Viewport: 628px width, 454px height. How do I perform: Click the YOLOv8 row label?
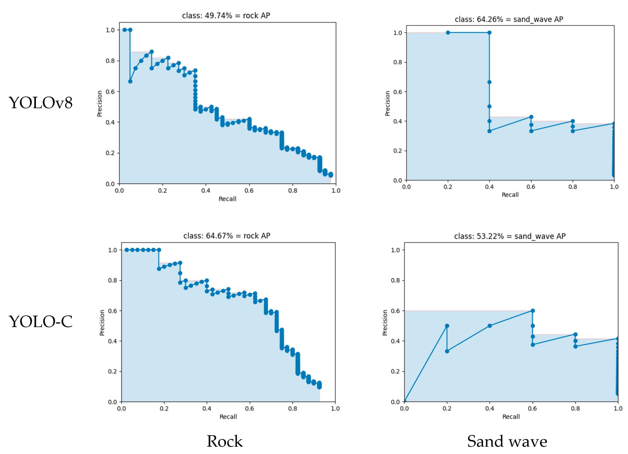[40, 103]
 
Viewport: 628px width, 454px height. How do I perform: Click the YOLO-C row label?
[40, 322]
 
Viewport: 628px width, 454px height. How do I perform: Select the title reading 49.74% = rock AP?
[226, 16]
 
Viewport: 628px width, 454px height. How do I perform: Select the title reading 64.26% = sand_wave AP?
[509, 19]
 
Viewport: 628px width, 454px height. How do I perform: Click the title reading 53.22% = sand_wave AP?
[510, 236]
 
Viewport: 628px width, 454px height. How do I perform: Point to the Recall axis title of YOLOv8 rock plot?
[227, 199]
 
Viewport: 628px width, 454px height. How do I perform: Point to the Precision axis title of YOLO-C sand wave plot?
[385, 322]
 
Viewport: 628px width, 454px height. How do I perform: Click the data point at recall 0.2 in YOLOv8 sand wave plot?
[448, 33]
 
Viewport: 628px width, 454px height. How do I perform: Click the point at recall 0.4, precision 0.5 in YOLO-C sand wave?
[490, 326]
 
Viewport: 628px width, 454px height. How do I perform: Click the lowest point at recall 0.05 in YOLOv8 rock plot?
[130, 81]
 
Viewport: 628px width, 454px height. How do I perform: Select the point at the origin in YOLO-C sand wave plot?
[405, 401]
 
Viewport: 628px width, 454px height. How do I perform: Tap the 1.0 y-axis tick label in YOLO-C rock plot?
[112, 250]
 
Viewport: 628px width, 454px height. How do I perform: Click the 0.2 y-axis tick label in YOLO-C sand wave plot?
[395, 371]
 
